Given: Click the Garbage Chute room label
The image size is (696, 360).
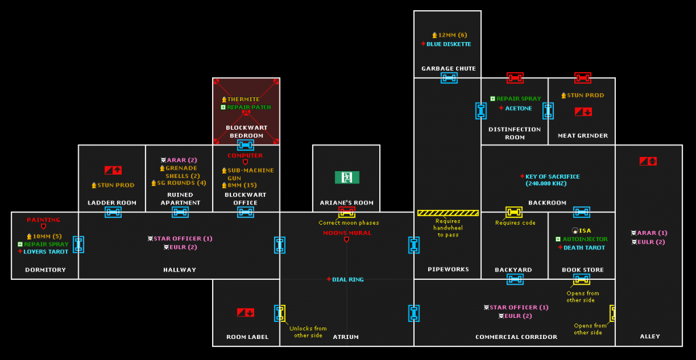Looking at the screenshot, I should (448, 69).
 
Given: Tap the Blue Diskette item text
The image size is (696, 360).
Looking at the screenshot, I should (449, 44).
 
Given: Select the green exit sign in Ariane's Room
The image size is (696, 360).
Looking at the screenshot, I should (347, 177).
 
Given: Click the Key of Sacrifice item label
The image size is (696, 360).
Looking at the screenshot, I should (551, 177).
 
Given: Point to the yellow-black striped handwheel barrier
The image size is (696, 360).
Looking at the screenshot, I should (448, 213).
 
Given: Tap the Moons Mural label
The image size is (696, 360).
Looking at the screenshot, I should (347, 233).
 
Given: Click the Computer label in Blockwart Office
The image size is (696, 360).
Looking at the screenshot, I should (245, 156).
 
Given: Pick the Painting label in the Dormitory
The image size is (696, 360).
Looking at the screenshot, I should (43, 219).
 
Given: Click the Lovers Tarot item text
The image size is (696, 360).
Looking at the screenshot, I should (46, 251).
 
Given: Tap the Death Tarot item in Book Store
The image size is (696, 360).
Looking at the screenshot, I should (584, 247).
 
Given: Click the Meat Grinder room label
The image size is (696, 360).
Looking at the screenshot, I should (582, 135).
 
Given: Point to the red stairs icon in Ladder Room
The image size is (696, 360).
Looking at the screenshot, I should (113, 170).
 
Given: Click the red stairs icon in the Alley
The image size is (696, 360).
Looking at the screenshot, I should (648, 161).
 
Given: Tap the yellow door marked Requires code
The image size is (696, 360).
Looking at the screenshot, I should (515, 213).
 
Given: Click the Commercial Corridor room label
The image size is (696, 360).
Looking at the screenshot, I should (516, 337).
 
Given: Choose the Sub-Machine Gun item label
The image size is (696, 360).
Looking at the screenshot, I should (251, 174).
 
